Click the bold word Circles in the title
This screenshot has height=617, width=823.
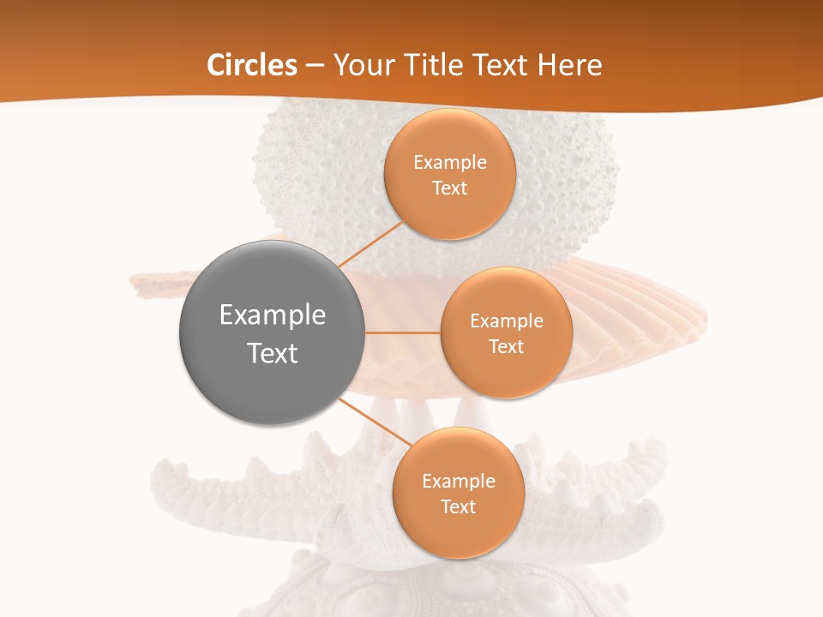252,65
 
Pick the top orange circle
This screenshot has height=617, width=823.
450,214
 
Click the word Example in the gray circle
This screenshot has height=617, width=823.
273,315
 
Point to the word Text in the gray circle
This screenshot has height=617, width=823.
273,353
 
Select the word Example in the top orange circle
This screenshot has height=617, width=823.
450,163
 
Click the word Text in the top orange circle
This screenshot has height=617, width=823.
450,189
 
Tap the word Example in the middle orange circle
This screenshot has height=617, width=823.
507,321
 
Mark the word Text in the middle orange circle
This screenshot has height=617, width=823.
507,347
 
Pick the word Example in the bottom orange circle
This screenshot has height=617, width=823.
459,482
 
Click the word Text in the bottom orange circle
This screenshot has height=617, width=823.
459,507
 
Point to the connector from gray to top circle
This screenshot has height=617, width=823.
370,245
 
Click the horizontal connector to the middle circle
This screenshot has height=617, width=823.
403,332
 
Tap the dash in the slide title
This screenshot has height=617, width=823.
314,66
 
